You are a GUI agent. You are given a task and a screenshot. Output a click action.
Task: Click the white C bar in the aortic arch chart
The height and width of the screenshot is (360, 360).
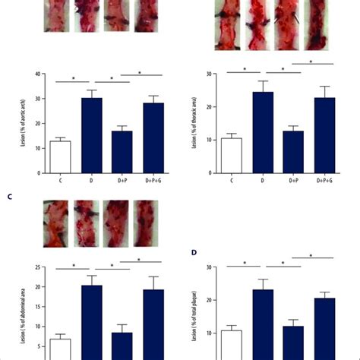(59, 156)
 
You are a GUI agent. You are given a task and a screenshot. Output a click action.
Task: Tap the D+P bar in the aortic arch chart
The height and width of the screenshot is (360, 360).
(122, 152)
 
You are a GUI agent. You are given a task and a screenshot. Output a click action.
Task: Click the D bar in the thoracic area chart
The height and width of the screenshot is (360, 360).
(261, 132)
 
